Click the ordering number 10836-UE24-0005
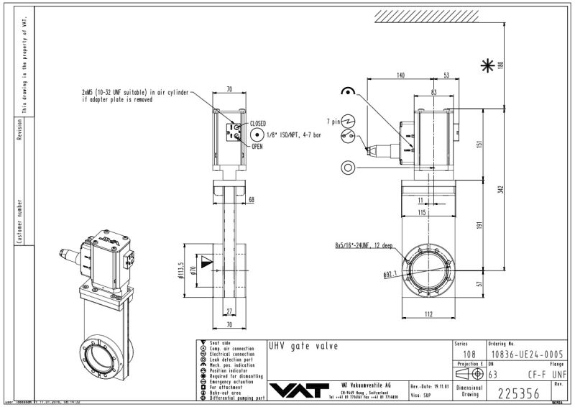(x=523, y=355)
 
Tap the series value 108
(x=469, y=355)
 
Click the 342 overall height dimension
(x=500, y=190)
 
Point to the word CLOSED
(x=257, y=124)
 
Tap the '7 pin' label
(x=333, y=121)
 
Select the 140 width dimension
(x=400, y=75)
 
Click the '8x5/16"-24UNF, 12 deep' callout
(x=364, y=246)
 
